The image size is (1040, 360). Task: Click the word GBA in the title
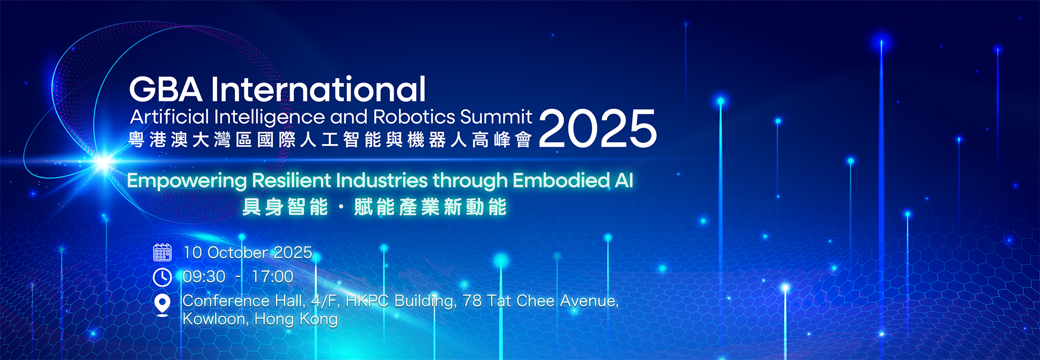(165, 89)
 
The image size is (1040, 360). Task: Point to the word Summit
(496, 117)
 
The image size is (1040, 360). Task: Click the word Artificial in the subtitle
(170, 117)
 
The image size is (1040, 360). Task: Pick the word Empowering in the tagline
(187, 181)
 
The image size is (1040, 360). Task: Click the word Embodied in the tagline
(561, 180)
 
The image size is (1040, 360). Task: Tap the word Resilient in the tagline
(292, 180)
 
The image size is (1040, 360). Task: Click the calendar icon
(162, 252)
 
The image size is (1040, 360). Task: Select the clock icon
(162, 277)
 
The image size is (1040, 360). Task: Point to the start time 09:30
(204, 277)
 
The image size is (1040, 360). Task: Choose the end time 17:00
(272, 277)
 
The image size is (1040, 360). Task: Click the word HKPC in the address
(367, 301)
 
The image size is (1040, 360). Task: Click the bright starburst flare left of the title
(104, 162)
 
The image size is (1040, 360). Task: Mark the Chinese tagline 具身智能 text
(285, 207)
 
